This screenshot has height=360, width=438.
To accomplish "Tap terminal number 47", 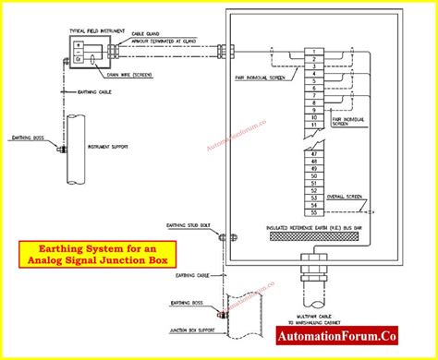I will coord(317,153).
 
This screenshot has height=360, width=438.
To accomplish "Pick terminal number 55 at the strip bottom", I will coord(317,213).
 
